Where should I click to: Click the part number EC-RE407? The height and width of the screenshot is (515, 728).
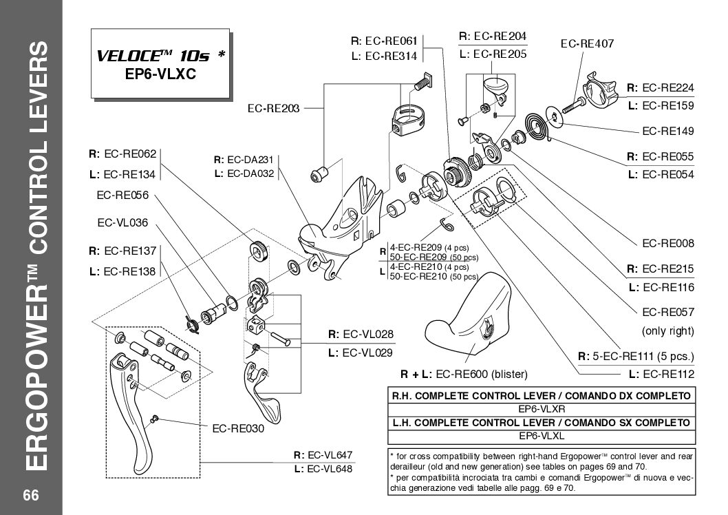587,43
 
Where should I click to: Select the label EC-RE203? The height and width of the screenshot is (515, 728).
273,108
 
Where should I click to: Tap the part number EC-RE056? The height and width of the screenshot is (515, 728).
123,195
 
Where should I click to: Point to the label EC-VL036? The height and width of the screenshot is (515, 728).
123,222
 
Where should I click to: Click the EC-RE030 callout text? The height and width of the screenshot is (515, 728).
238,428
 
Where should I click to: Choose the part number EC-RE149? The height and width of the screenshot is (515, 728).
667,131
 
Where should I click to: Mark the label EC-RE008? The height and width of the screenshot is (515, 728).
667,243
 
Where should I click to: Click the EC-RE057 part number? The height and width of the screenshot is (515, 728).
667,312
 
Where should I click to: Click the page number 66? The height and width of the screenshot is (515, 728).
30,496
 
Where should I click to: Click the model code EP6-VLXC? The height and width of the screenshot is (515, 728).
160,74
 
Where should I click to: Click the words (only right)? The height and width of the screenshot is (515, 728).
667,331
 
